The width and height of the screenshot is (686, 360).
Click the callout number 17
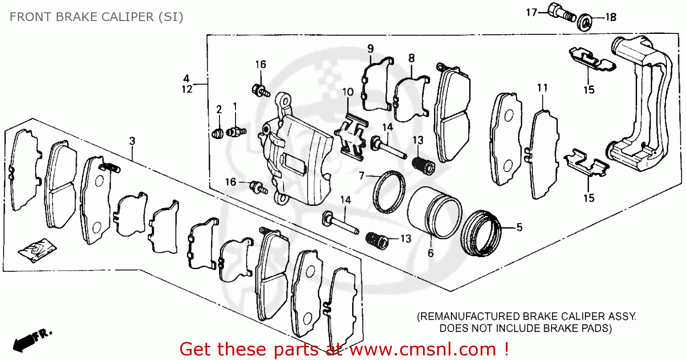(x=531, y=13)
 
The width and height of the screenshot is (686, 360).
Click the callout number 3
(x=132, y=141)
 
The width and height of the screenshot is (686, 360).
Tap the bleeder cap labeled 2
(x=218, y=133)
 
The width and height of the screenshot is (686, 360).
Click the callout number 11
(x=542, y=88)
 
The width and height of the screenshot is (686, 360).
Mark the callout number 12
(x=187, y=90)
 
